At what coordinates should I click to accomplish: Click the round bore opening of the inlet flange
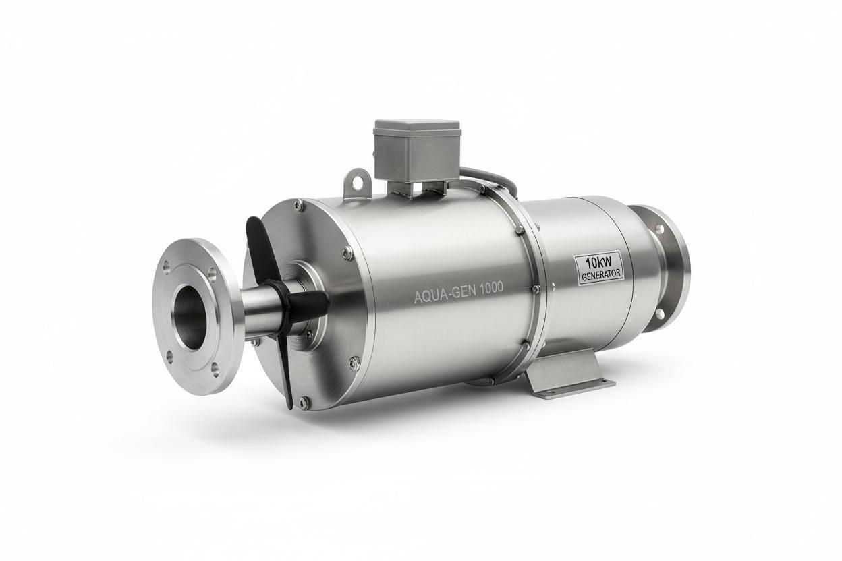[x=191, y=316]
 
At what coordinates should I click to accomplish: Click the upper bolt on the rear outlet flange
[x=658, y=228]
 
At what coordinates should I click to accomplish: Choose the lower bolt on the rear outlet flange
[x=659, y=314]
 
